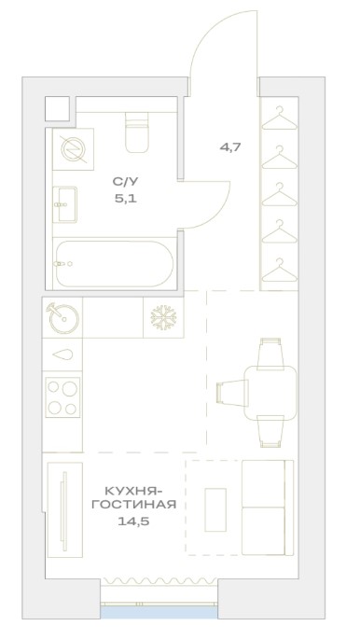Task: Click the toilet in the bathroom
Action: (x=137, y=132)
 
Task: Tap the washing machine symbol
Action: (x=74, y=149)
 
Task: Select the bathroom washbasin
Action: (x=65, y=204)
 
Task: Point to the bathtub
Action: (x=115, y=264)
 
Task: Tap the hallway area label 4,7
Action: (x=230, y=147)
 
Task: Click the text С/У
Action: (x=124, y=181)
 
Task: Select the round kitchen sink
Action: (x=63, y=317)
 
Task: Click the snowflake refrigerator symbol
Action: (x=163, y=317)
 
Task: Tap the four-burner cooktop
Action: (x=62, y=397)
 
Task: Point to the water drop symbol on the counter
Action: (x=62, y=355)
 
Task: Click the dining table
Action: (x=270, y=392)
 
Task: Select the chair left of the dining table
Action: (x=232, y=392)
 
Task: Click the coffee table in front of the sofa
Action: (x=215, y=509)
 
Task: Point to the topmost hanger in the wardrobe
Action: (x=280, y=118)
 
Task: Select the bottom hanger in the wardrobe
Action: (x=280, y=270)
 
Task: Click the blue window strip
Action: (x=159, y=612)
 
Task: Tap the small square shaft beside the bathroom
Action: (x=57, y=108)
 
